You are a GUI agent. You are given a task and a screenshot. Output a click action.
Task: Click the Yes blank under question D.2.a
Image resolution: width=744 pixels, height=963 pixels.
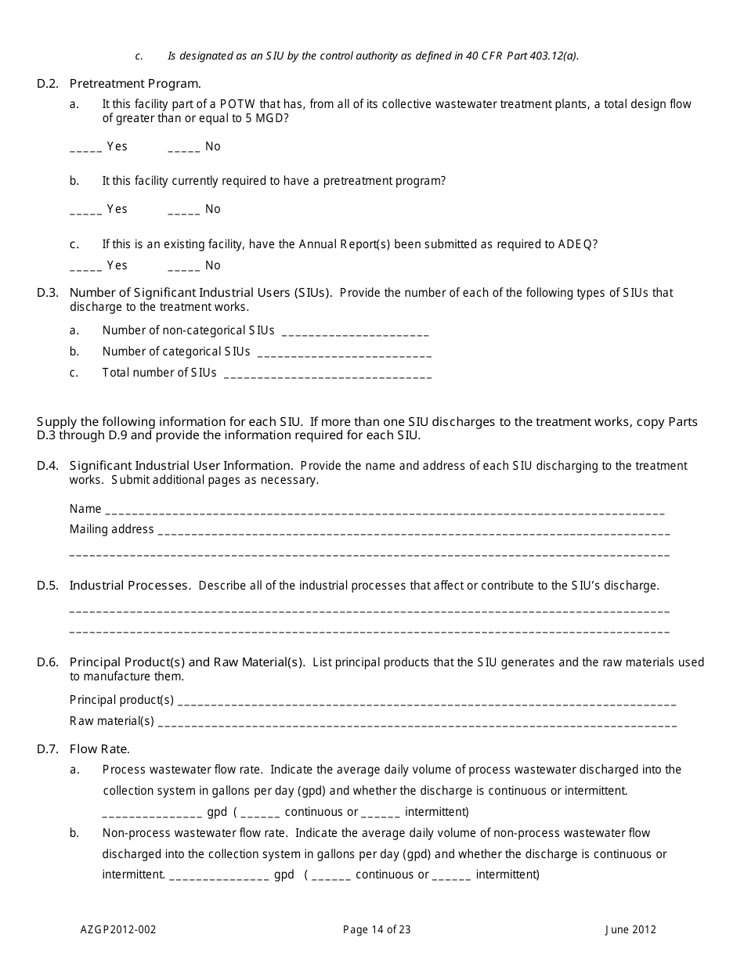pos(86,148)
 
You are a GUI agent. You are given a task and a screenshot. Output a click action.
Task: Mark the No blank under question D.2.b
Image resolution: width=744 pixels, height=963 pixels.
pos(183,211)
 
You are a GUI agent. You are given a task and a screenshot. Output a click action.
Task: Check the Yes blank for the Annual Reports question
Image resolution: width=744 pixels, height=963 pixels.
pos(86,267)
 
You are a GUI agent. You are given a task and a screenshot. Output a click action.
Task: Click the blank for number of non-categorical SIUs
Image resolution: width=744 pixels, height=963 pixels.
pos(354,332)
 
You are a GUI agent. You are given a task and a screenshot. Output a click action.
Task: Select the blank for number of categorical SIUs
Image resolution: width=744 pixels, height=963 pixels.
pos(344,353)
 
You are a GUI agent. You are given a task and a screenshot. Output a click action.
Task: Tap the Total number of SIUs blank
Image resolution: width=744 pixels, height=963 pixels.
pos(327,374)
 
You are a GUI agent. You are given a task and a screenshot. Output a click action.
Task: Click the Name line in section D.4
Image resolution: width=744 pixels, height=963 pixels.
pos(384,510)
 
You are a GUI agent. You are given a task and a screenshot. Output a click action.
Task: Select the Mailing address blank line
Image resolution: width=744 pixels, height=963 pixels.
pos(414,531)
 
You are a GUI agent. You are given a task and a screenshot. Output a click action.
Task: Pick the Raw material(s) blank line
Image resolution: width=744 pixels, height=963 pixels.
pos(417,723)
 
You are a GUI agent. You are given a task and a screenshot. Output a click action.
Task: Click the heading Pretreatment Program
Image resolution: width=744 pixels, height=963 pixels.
pos(135,84)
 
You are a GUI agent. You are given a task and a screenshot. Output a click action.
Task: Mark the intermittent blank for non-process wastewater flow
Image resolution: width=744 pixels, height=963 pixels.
pos(451,876)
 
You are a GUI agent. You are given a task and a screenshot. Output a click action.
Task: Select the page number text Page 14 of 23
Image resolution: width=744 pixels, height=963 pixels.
pos(377,930)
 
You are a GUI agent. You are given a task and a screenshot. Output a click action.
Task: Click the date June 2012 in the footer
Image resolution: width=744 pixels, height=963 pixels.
pos(630,930)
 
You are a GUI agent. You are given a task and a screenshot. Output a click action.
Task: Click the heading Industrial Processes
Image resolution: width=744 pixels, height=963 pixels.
pos(129,586)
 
